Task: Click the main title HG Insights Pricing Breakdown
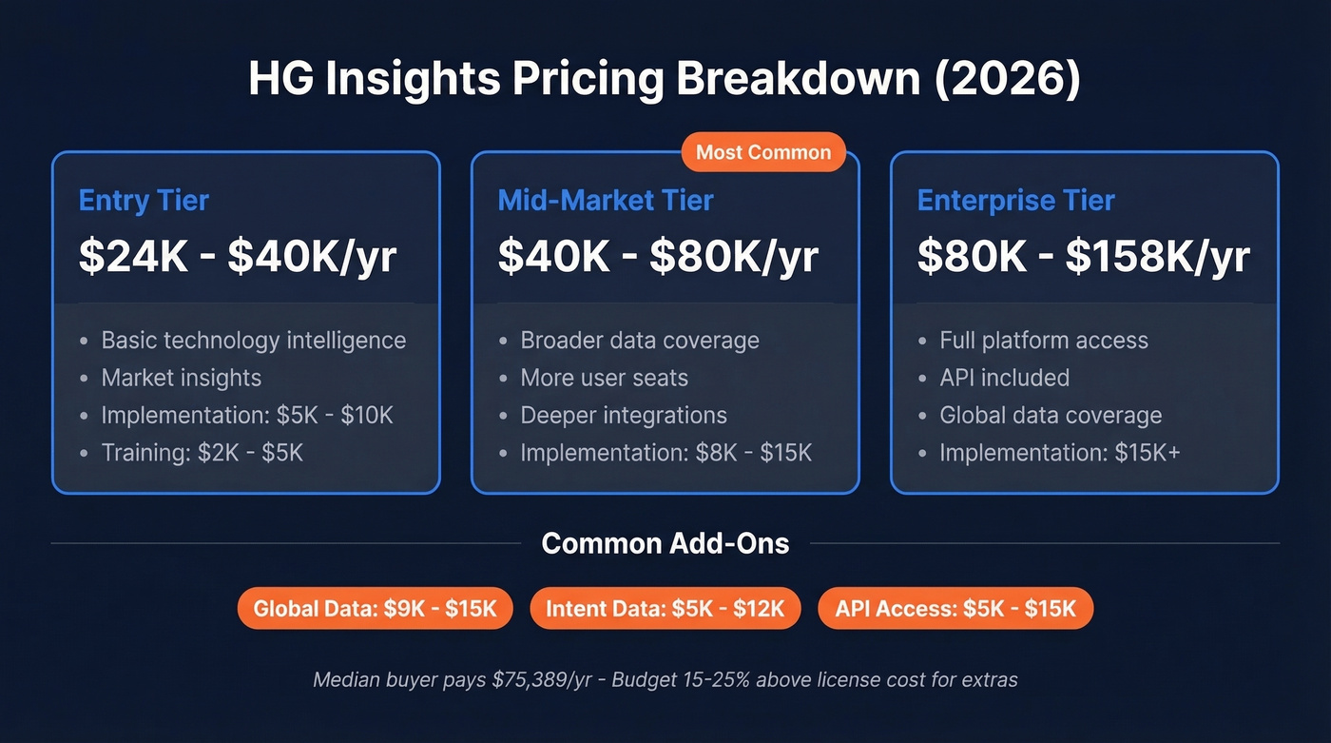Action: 665,79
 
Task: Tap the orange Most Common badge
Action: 763,152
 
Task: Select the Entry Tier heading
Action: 144,201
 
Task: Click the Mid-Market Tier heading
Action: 606,201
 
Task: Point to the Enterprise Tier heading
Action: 1015,201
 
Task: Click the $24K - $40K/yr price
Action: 238,257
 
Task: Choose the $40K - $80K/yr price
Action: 658,257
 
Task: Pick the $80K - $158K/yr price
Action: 1083,257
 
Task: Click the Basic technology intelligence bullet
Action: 253,341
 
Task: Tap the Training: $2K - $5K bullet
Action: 202,453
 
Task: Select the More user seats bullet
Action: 604,378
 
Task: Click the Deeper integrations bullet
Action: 623,416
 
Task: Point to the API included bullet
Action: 1004,378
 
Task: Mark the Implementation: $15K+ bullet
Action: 1059,453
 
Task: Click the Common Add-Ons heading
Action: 665,543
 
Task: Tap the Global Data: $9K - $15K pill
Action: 375,609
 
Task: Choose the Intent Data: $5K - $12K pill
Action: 665,609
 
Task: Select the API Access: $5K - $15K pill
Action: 955,609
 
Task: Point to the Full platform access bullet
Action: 1043,341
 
